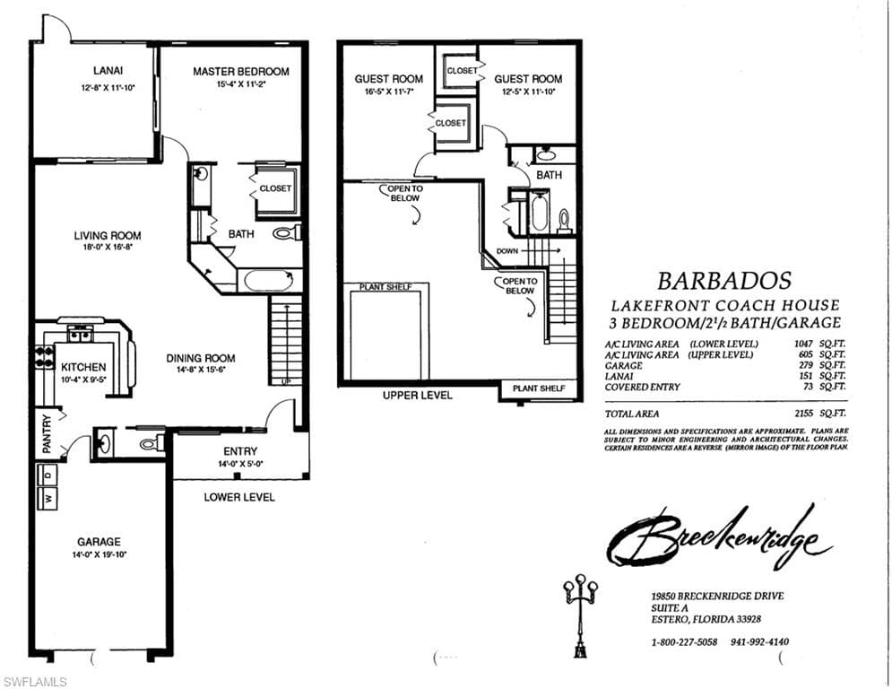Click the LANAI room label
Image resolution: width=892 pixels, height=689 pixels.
pos(108,71)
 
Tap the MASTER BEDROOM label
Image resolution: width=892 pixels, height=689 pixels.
pos(241,72)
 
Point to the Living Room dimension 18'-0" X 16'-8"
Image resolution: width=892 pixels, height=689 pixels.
pos(108,247)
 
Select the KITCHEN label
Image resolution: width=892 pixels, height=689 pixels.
pos(83,367)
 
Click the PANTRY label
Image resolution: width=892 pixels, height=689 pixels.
pos(47,432)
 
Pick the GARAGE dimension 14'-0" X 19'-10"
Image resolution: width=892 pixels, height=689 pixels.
pos(99,554)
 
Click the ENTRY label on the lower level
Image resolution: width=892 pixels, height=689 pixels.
pos(240,451)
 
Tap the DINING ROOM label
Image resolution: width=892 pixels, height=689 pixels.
pos(201,358)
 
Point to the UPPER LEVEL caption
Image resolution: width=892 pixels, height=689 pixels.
pos(417,395)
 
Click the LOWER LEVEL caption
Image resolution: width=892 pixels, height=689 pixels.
pos(239,497)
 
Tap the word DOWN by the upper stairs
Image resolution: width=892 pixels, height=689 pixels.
pos(507,251)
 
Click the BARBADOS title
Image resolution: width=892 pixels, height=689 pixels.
pos(726,281)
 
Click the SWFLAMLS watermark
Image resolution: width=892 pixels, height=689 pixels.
pos(34,682)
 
